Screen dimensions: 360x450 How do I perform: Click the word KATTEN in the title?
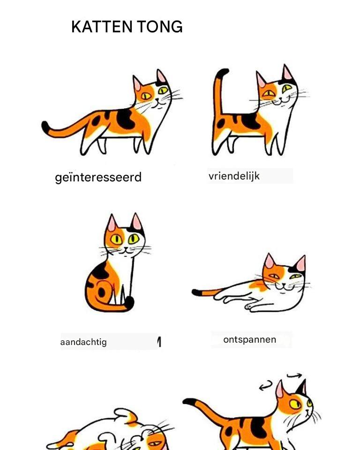coord(102,27)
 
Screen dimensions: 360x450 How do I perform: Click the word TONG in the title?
coord(160,27)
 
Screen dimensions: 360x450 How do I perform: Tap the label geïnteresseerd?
coord(98,177)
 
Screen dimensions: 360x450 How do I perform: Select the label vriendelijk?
coord(234,176)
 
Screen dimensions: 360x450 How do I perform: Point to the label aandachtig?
coord(83,342)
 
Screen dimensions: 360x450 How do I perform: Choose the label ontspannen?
coord(249,339)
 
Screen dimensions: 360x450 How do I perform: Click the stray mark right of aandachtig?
coord(159,342)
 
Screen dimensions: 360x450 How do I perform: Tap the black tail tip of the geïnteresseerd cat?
coord(45,127)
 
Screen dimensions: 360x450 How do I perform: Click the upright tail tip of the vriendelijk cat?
coord(222,72)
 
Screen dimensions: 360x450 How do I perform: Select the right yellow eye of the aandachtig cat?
coord(134,239)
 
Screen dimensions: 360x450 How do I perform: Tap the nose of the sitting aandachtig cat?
coord(126,248)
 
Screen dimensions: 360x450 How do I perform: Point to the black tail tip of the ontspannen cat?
coord(197,292)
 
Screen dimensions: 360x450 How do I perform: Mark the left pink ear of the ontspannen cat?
coord(269,261)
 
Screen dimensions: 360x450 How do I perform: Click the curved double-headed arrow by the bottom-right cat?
coord(266,385)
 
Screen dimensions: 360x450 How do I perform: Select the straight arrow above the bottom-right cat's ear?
coord(294,375)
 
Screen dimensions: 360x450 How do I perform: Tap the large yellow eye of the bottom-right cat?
coord(295,405)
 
